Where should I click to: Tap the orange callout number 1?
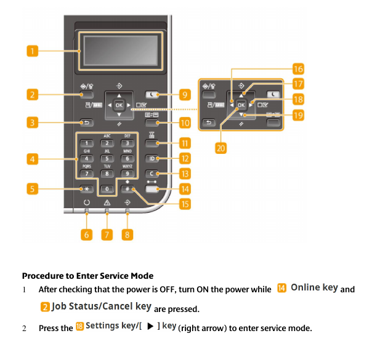click(33, 50)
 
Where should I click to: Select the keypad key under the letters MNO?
click(127, 159)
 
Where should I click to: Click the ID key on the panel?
click(152, 159)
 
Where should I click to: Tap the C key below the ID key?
click(152, 174)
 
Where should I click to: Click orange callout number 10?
click(184, 123)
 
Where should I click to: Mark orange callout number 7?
click(107, 234)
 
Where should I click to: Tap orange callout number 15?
click(184, 203)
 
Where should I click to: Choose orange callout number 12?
click(184, 159)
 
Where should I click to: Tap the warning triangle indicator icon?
click(107, 202)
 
